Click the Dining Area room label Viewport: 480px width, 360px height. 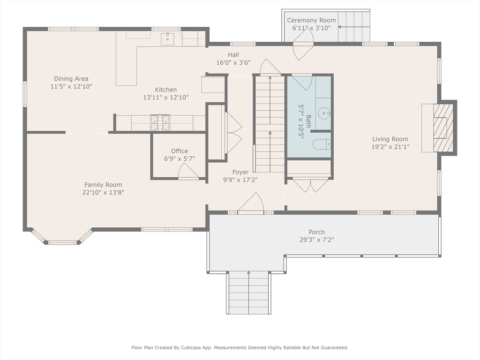point(71,79)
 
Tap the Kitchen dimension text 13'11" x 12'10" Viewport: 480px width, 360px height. point(166,97)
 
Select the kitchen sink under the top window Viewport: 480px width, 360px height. point(167,38)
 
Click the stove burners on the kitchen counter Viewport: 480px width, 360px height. point(160,122)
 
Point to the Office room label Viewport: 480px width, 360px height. point(180,151)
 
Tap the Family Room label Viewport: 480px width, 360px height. point(103,185)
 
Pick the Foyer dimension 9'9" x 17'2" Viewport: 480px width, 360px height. point(240,180)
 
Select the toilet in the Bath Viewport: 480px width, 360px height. point(322,144)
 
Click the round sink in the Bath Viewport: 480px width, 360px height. point(324,113)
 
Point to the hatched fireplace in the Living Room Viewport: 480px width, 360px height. point(443,127)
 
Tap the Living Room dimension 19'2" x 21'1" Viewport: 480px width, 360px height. point(390,147)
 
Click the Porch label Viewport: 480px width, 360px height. point(316,232)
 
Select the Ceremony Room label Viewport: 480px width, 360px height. point(311,20)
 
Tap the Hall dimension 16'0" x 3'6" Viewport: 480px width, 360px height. point(233,62)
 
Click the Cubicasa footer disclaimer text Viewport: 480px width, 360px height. point(240,347)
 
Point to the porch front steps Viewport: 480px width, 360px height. point(248,293)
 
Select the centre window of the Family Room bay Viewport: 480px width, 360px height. point(62,243)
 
